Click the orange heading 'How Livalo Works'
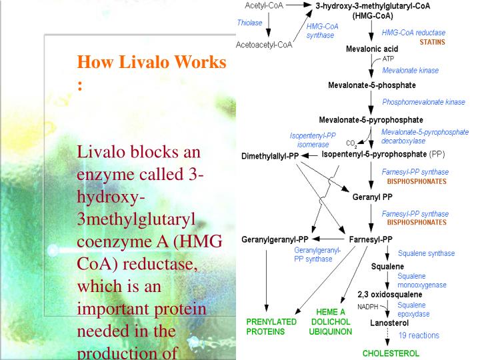point(152,63)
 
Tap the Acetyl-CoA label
point(265,5)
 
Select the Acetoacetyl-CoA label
point(265,45)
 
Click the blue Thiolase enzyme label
point(249,22)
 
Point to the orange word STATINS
point(432,42)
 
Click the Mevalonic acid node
point(371,49)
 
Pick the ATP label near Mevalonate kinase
point(389,59)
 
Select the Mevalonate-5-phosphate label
point(371,85)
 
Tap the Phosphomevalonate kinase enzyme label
point(423,102)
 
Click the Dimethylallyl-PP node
point(270,156)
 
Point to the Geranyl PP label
point(371,197)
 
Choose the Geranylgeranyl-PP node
point(275,239)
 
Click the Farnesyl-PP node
point(371,239)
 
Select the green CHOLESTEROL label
point(391,353)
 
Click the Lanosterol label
point(390,323)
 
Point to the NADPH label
point(367,307)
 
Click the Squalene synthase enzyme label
point(426,253)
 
